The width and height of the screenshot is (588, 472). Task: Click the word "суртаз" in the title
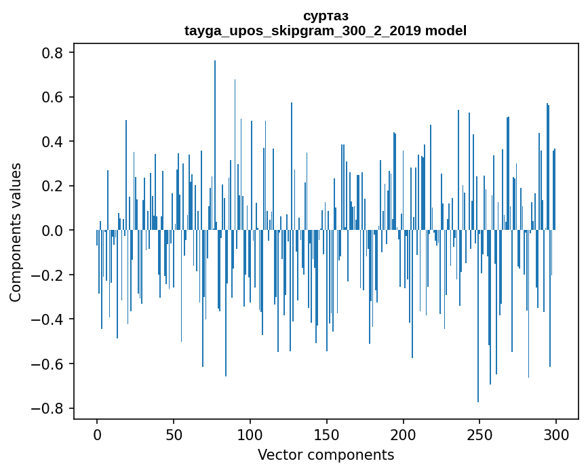tap(326, 16)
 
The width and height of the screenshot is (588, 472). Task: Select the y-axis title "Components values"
tap(16, 232)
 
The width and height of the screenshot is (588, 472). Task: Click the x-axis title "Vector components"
tap(326, 455)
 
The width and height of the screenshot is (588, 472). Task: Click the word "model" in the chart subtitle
tap(446, 31)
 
